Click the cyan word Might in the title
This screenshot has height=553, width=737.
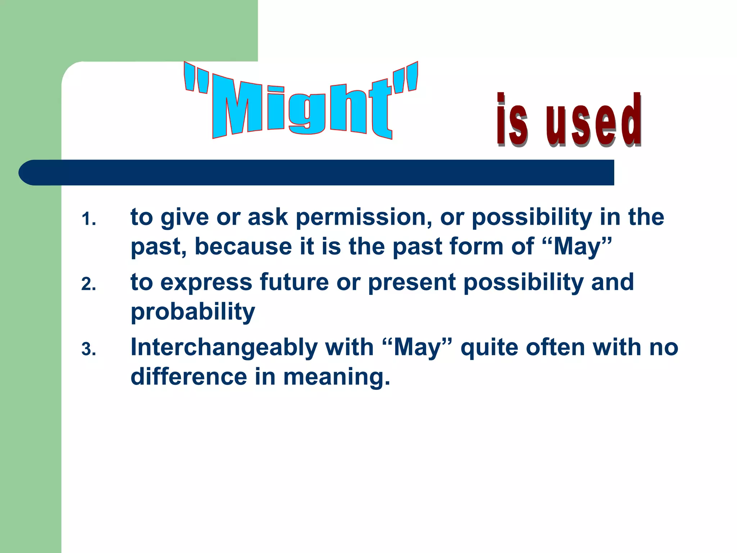pyautogui.click(x=302, y=108)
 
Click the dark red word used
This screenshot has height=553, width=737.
pyautogui.click(x=594, y=122)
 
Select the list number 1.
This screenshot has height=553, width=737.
pyautogui.click(x=89, y=219)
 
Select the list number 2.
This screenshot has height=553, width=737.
pyautogui.click(x=89, y=284)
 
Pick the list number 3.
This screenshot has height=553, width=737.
pyautogui.click(x=89, y=350)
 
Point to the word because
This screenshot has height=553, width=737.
pyautogui.click(x=243, y=247)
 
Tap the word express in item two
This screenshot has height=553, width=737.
pyautogui.click(x=206, y=283)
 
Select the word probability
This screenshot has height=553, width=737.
pyautogui.click(x=193, y=312)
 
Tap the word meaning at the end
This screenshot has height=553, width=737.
pyautogui.click(x=336, y=378)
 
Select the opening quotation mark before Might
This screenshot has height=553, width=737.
pyautogui.click(x=196, y=79)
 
